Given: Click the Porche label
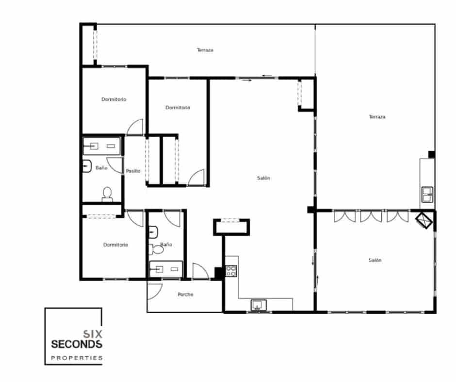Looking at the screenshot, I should [x=185, y=294].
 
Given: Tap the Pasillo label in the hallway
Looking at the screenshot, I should [x=133, y=171].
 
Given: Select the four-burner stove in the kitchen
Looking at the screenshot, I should [x=231, y=271].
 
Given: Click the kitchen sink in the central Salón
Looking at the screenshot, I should [x=258, y=305].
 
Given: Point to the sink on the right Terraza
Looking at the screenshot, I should [x=427, y=195].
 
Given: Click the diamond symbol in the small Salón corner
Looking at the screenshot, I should [x=425, y=220].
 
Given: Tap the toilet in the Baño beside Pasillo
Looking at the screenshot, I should [x=107, y=194].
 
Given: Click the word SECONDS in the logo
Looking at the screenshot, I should [x=76, y=344].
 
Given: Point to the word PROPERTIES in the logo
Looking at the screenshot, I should [x=77, y=359].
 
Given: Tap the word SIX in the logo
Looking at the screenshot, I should [x=93, y=334].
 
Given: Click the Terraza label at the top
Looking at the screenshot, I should [x=205, y=50].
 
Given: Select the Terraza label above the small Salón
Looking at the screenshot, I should [x=377, y=117].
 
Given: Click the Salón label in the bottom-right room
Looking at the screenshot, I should [x=375, y=260].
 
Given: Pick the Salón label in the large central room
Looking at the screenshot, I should [x=263, y=178].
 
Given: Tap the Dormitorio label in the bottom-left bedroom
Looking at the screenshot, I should [x=116, y=245].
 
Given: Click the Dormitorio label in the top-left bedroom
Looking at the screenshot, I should [x=114, y=99].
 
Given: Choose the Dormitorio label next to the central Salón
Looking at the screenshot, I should [x=178, y=107].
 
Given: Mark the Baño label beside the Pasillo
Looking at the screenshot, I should [x=101, y=168].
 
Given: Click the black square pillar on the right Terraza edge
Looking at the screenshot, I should [x=431, y=155].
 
